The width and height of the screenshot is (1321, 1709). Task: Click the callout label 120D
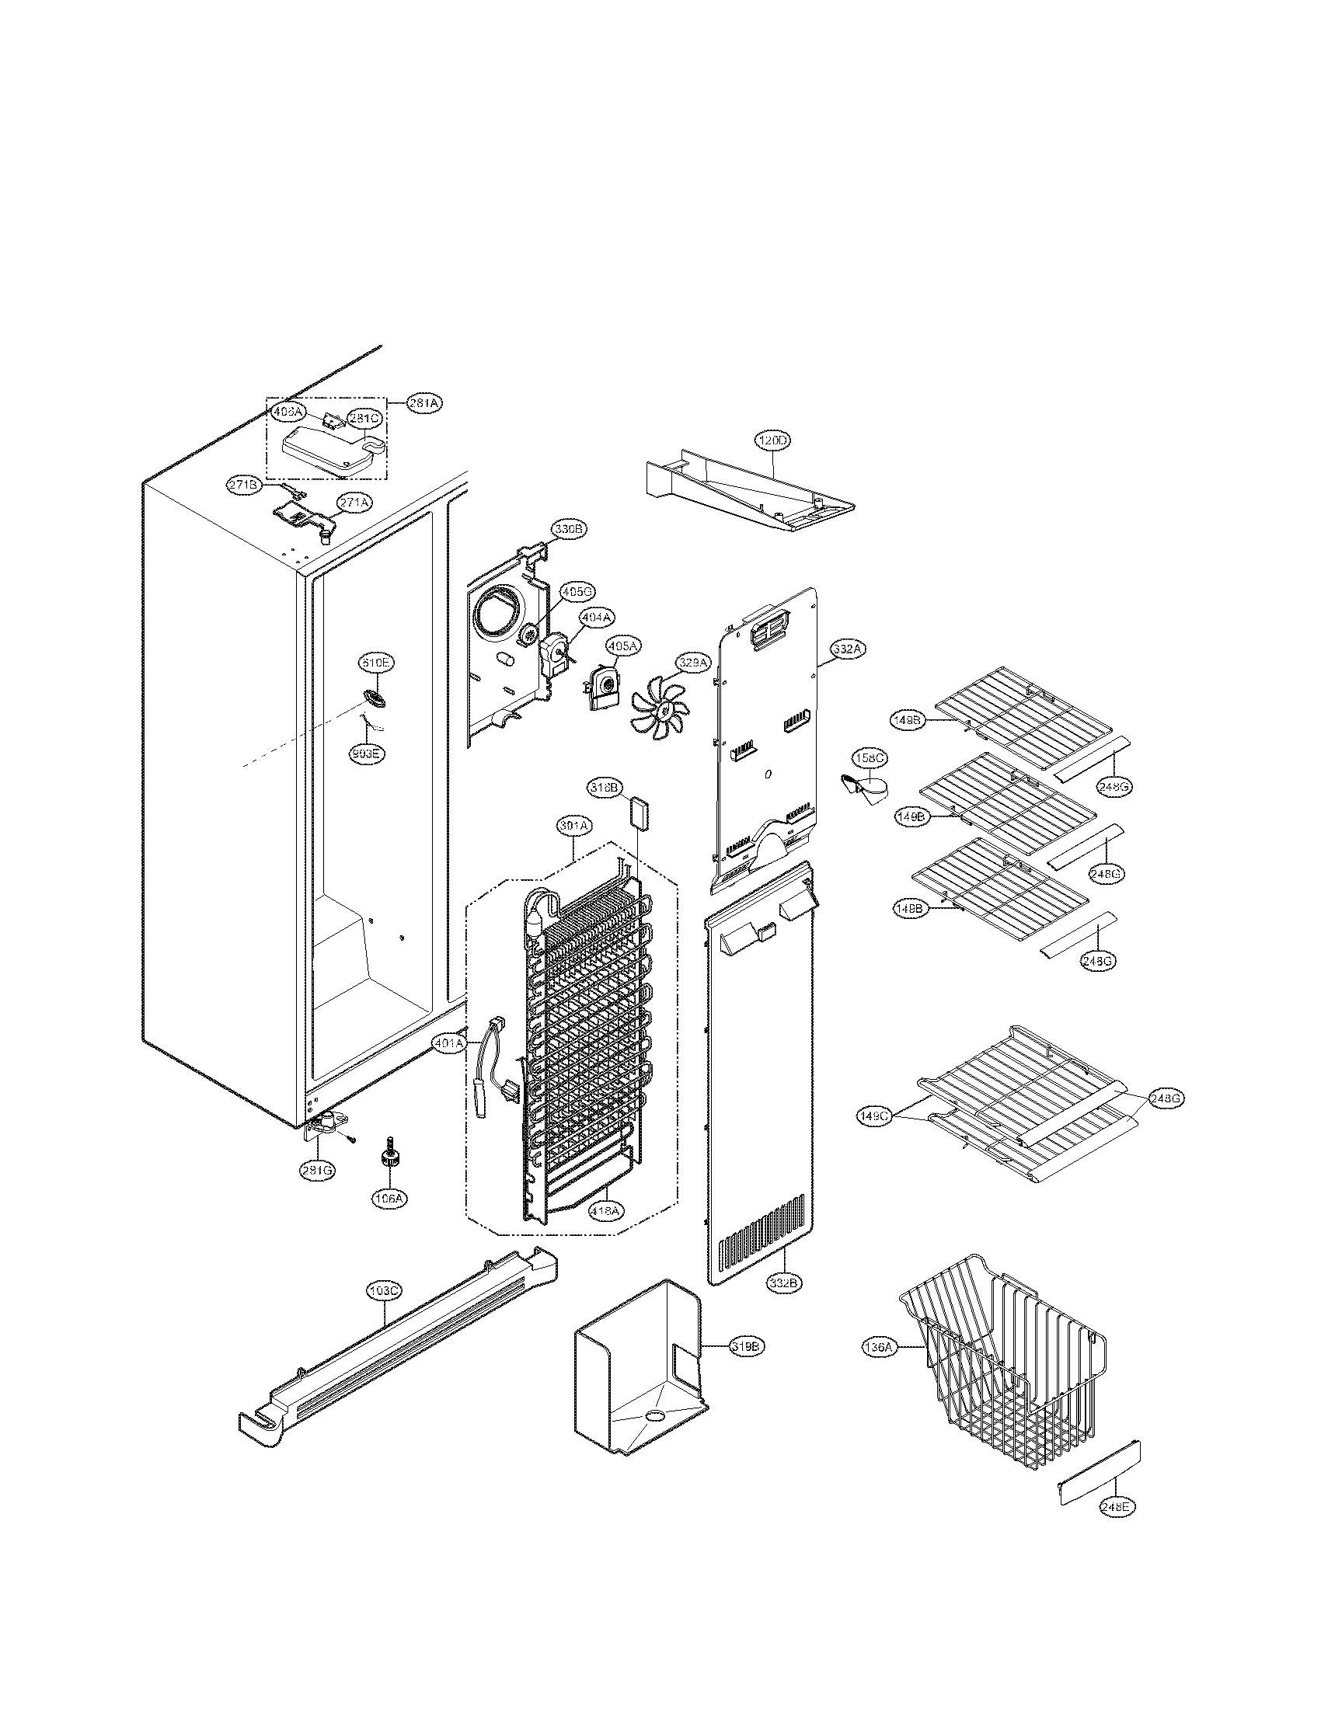pos(772,440)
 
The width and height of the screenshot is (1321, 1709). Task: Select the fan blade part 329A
pos(660,710)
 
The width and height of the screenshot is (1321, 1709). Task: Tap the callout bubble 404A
pos(595,618)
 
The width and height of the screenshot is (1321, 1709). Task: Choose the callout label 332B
pos(784,1283)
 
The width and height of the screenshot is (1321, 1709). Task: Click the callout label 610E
pos(375,663)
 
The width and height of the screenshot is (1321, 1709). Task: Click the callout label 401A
pos(448,1043)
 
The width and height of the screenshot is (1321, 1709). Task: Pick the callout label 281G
pos(319,1170)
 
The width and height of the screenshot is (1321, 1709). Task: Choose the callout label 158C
pos(869,758)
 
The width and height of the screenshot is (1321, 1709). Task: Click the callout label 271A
pos(354,503)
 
